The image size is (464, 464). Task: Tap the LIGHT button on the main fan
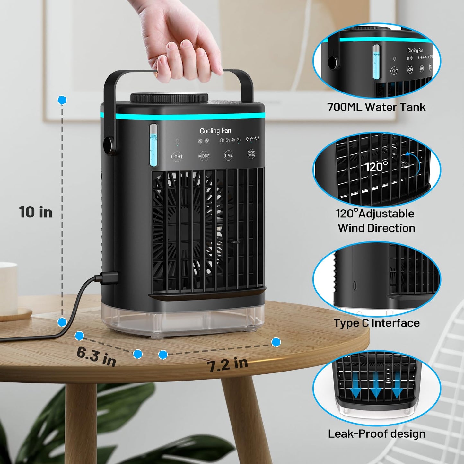(x=177, y=156)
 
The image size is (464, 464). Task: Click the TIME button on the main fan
(x=228, y=155)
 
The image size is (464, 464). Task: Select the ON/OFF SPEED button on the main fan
(x=251, y=154)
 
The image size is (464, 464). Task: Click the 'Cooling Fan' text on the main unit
(x=215, y=131)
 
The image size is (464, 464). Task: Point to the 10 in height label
(x=36, y=212)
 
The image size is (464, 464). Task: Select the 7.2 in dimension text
(x=227, y=364)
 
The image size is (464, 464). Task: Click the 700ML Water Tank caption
(x=376, y=107)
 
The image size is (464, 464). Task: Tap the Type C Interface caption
(x=376, y=323)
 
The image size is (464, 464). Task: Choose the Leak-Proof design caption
(x=376, y=434)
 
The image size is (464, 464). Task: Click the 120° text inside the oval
(x=376, y=167)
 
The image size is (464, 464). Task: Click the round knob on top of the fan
(x=169, y=98)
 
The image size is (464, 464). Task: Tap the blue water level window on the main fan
(x=153, y=145)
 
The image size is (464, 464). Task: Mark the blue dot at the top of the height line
(x=62, y=100)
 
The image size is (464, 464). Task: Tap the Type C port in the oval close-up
(x=355, y=285)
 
